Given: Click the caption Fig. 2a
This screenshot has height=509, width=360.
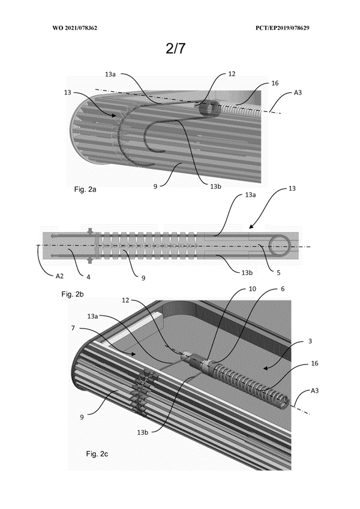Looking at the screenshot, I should pyautogui.click(x=85, y=189).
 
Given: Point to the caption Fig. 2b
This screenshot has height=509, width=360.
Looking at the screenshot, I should pyautogui.click(x=74, y=294).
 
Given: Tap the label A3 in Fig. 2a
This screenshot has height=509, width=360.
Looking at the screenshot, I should pyautogui.click(x=298, y=93).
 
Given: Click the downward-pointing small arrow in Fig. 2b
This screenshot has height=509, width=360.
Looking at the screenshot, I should pyautogui.click(x=90, y=231).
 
